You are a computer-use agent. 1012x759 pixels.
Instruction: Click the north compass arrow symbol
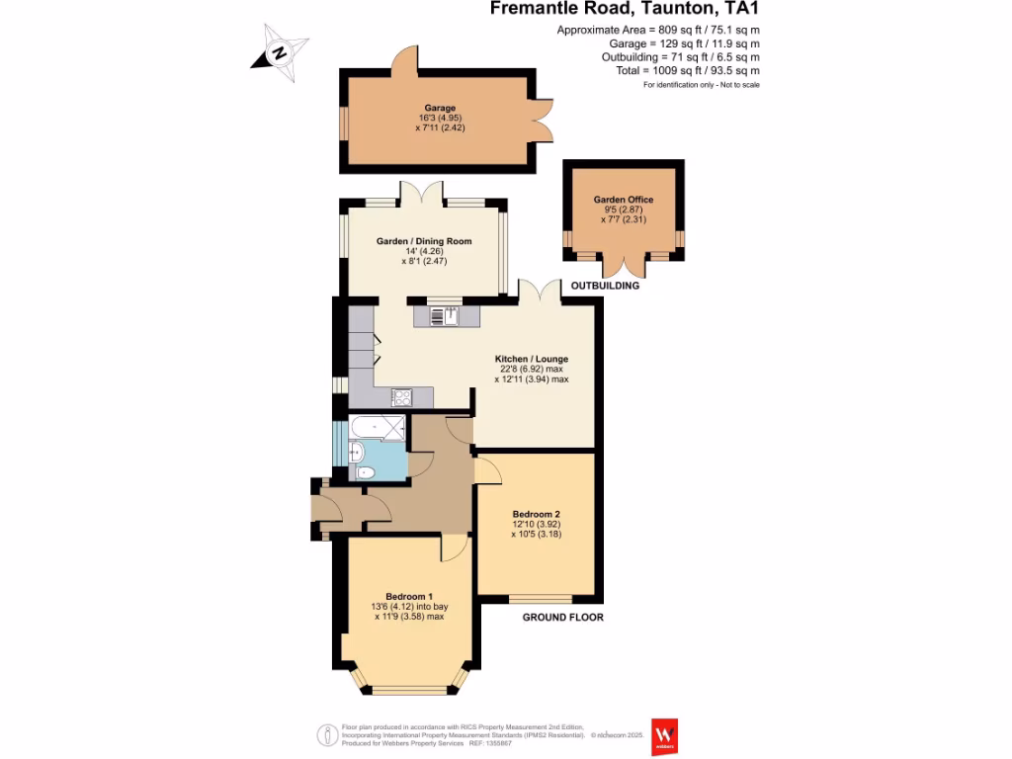(280, 52)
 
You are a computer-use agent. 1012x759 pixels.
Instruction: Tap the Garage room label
(440, 109)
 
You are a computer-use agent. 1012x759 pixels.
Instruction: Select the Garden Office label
(623, 200)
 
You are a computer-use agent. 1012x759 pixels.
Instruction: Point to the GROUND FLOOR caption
(562, 617)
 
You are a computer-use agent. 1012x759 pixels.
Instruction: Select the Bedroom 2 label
(536, 515)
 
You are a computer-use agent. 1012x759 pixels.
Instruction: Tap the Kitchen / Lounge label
(531, 359)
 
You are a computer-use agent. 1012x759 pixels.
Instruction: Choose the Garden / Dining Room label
(424, 241)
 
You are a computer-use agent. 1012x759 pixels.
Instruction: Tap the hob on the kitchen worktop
(402, 397)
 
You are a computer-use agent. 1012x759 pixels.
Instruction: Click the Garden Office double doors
(624, 266)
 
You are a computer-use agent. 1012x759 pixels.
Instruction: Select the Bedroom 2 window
(540, 598)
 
